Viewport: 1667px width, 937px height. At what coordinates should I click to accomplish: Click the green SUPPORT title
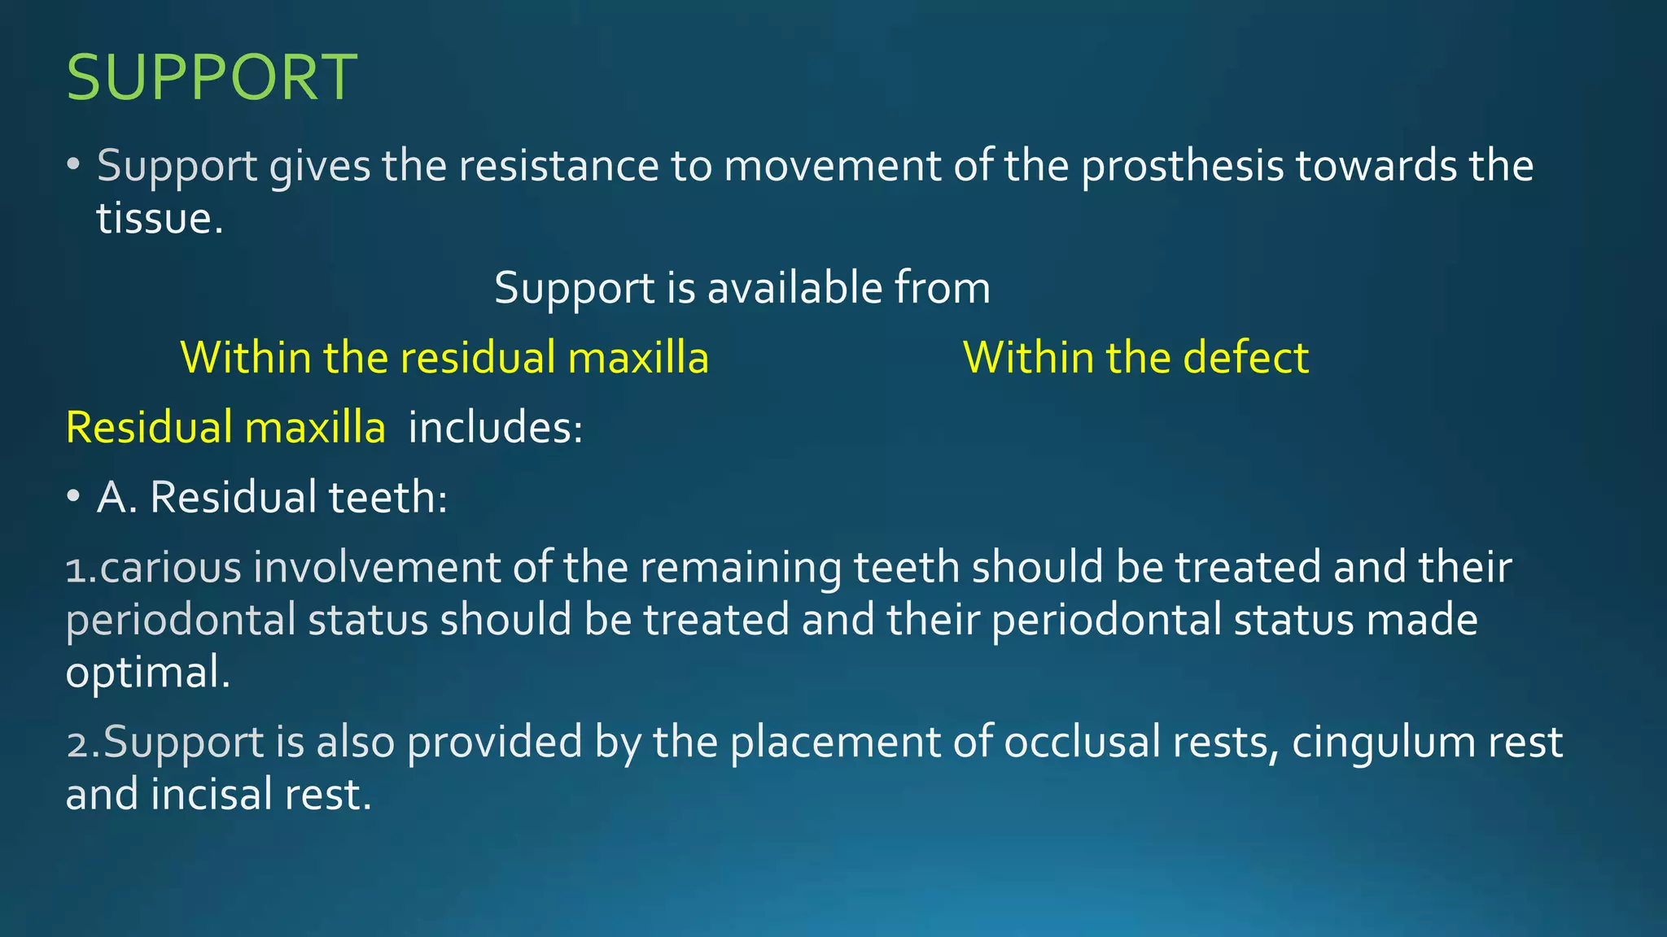tap(211, 77)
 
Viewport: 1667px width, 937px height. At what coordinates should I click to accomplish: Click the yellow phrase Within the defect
tap(1135, 358)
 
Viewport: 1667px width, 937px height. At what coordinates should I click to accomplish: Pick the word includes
tap(495, 427)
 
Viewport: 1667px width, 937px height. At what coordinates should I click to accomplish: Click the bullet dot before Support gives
tap(73, 165)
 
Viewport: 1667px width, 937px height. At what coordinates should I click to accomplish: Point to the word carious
tap(171, 567)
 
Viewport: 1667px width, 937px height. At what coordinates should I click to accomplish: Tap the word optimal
tap(147, 673)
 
